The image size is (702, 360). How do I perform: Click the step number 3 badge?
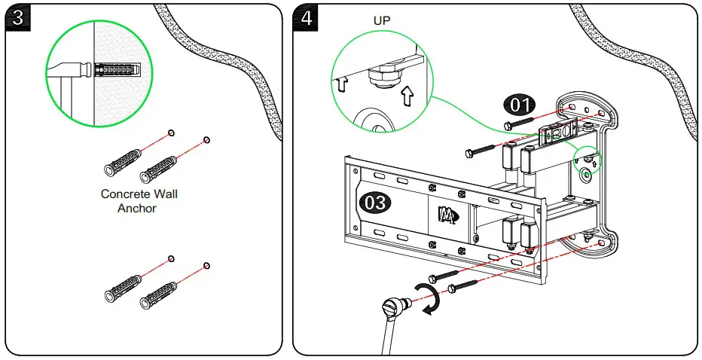(x=18, y=18)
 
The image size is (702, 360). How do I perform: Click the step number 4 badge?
(x=306, y=18)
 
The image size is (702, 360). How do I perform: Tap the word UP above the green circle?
(x=382, y=20)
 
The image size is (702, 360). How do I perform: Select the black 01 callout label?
(x=519, y=105)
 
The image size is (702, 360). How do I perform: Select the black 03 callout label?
(x=375, y=203)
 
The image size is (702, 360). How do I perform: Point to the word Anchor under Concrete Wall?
(x=137, y=208)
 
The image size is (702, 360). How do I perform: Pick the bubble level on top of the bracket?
(x=557, y=132)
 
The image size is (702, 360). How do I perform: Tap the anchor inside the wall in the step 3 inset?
(x=118, y=69)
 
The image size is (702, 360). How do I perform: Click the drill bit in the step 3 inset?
(x=70, y=70)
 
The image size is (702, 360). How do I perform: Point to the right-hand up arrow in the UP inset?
(x=407, y=96)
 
